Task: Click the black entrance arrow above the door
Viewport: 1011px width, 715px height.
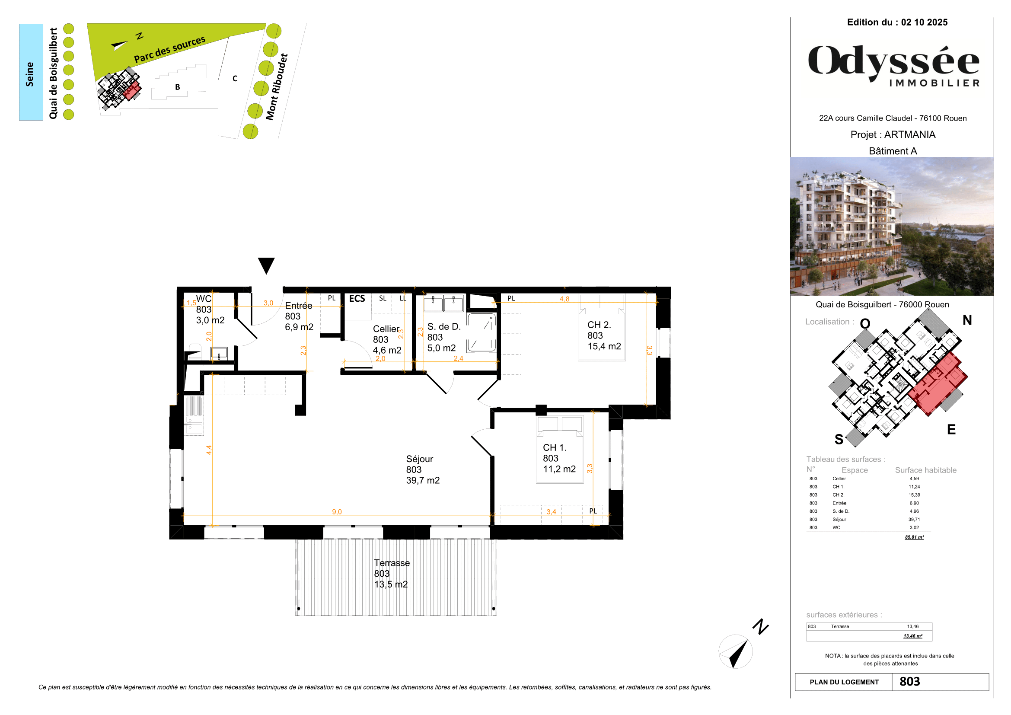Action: coord(266,265)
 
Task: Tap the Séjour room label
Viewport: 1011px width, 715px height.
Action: coord(422,469)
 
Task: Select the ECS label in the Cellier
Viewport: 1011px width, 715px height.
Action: coord(357,299)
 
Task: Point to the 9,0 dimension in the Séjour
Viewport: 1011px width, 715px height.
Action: coord(337,511)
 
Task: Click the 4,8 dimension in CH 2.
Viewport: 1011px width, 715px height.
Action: coord(564,299)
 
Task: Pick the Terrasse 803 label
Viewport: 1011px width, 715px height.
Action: coord(391,573)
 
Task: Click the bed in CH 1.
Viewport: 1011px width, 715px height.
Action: coord(560,449)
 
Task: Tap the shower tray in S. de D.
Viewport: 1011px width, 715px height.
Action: coord(481,332)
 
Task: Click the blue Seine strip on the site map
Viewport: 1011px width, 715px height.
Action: coord(31,72)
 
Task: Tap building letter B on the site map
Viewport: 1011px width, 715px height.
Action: coord(178,87)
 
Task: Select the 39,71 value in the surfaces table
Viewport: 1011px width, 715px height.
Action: coord(914,520)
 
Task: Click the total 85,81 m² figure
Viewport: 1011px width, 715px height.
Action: coord(914,537)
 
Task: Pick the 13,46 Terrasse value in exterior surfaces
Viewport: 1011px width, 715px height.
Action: coord(912,626)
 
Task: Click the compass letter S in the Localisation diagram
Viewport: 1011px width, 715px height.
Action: coord(839,439)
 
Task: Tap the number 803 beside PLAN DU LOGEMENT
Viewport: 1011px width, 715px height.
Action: coord(910,682)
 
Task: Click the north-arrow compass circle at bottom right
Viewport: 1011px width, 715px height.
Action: coord(735,651)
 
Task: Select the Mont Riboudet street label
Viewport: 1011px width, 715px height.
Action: coord(277,87)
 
